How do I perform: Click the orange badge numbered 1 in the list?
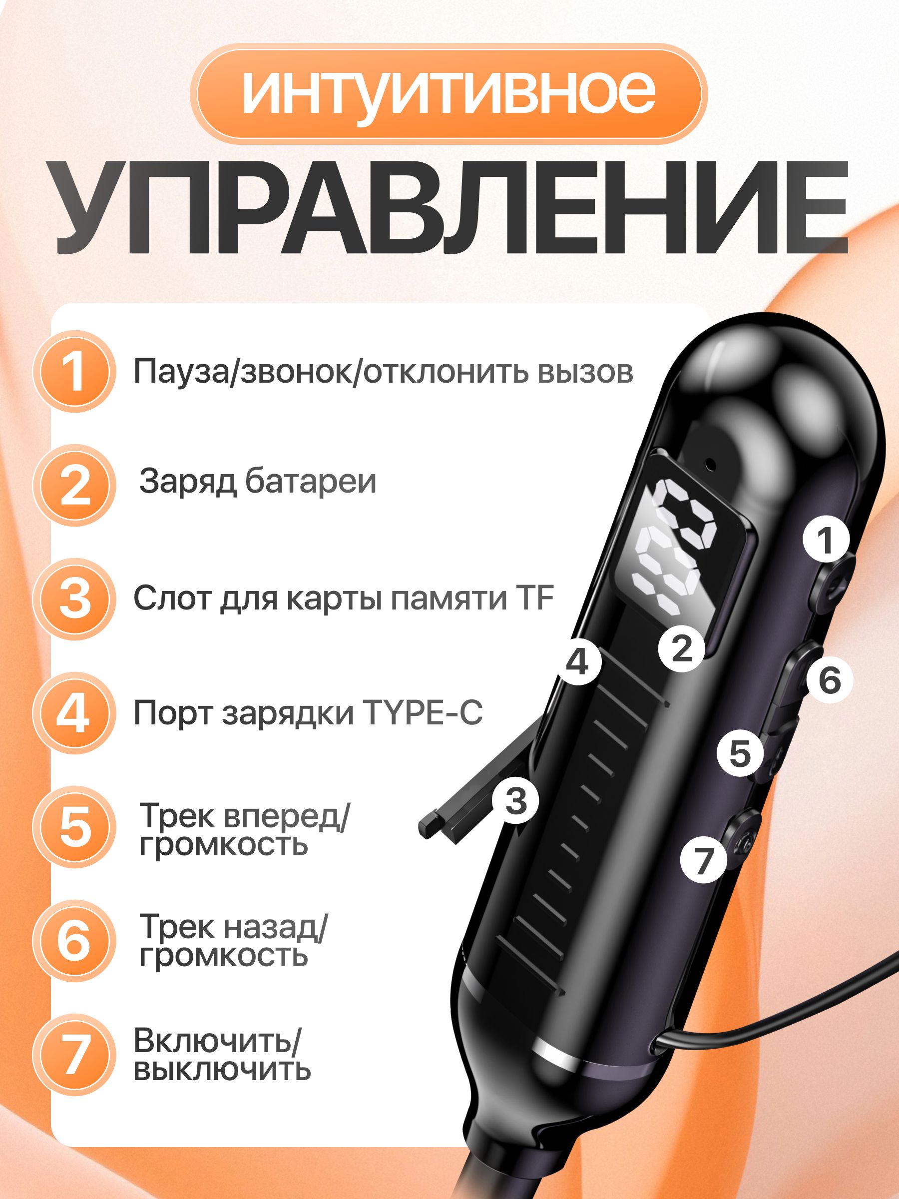coord(74,372)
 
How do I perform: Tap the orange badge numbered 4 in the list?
coord(74,713)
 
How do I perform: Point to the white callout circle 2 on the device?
coord(682,648)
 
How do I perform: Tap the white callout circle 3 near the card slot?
coord(515,801)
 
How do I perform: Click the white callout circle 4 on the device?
coord(578,662)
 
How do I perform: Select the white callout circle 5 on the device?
coord(740,753)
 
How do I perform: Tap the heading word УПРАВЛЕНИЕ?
coord(451,208)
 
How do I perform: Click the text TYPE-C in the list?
coord(422,713)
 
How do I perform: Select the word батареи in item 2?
coord(311,481)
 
